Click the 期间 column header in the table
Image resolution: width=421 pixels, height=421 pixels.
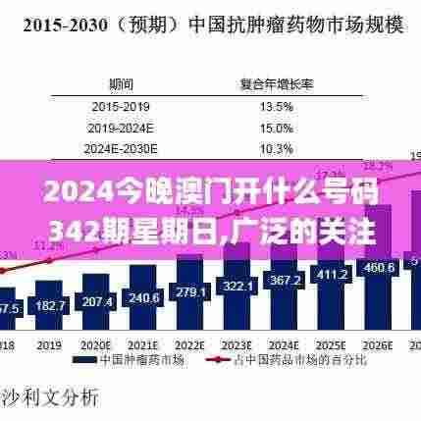tap(122, 84)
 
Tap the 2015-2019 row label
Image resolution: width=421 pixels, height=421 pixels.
tap(122, 106)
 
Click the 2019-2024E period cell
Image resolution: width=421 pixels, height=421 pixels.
tap(122, 127)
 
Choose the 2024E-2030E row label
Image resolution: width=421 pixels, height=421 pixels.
tap(122, 148)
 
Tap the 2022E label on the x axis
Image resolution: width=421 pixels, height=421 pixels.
tap(190, 345)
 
